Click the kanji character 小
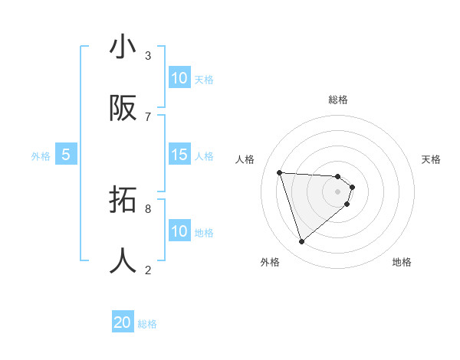123,47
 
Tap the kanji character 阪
123,109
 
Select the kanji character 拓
123,201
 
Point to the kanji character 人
123,261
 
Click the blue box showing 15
179,155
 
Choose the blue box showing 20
123,323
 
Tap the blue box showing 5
66,155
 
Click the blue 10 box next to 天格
179,78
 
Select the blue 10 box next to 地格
179,231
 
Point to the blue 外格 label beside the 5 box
41,156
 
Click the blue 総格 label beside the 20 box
147,324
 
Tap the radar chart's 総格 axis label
338,100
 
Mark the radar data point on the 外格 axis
301,242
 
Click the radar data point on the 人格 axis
280,172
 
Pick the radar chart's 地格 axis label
402,262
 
